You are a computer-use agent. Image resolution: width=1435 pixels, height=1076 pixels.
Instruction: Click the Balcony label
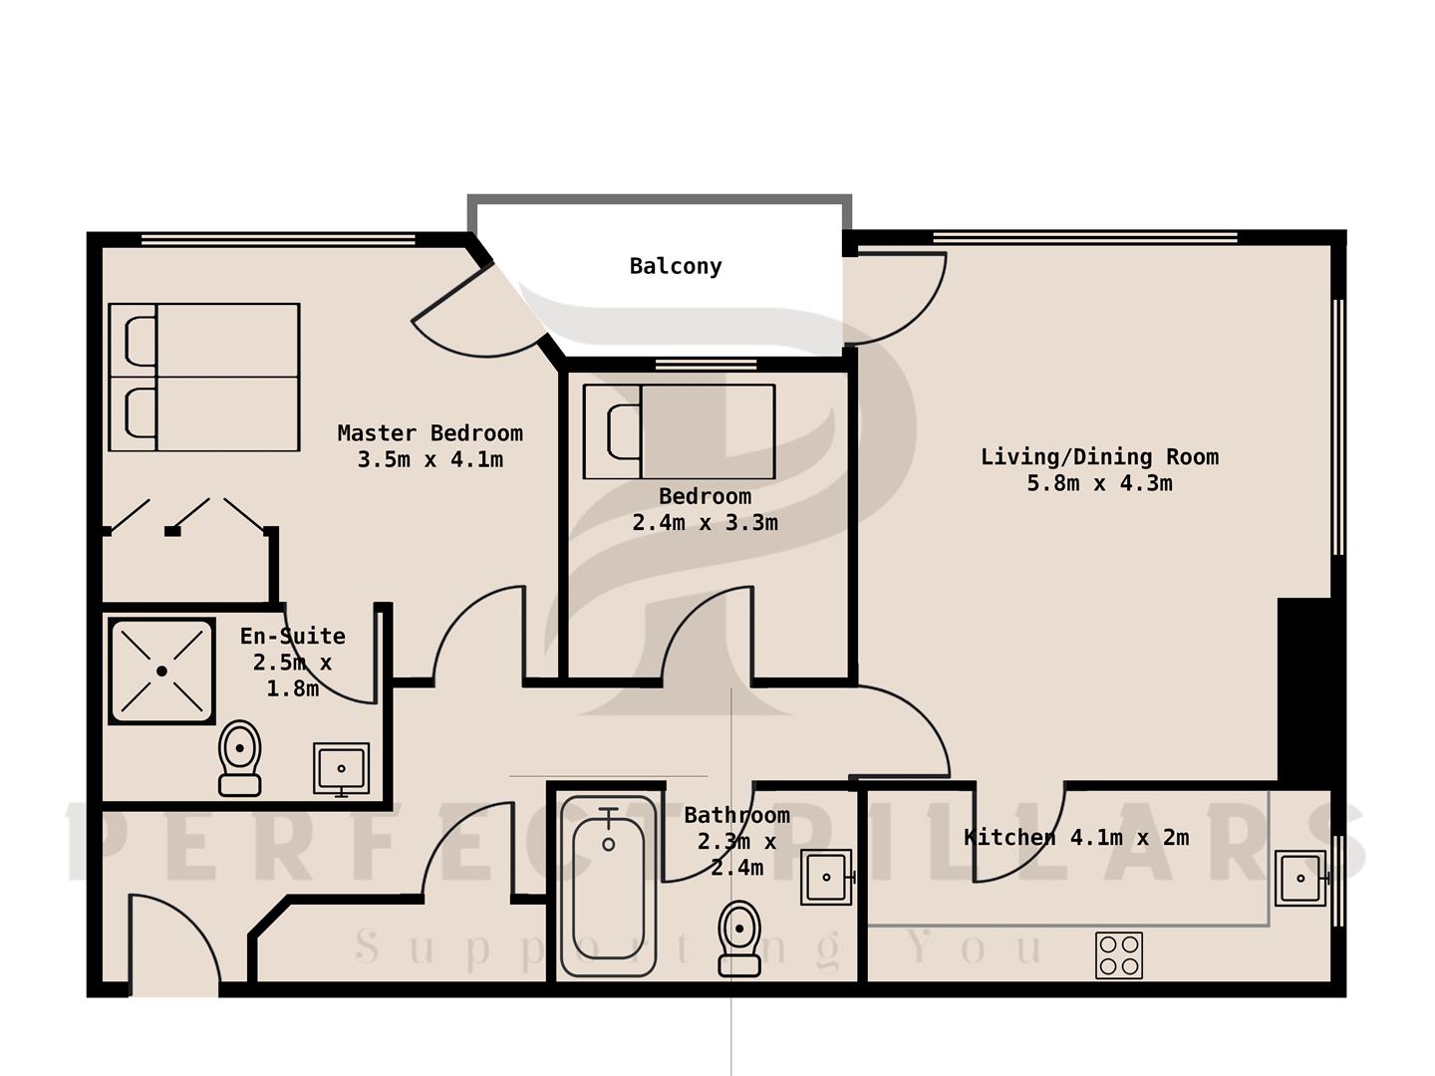(x=676, y=267)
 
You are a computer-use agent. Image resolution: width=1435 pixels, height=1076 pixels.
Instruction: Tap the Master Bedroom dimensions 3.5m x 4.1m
(x=430, y=460)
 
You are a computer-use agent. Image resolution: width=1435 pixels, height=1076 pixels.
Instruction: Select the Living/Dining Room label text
(x=1099, y=456)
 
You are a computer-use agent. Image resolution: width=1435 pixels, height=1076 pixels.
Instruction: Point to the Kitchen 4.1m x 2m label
(x=1076, y=837)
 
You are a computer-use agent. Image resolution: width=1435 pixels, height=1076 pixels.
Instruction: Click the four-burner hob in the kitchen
(x=1119, y=955)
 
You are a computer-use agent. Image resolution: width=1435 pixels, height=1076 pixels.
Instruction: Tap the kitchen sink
(x=1301, y=878)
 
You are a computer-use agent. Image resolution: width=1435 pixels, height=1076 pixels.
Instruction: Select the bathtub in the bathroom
(x=608, y=886)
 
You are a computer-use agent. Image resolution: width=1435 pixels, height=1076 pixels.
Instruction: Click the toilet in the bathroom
(x=739, y=939)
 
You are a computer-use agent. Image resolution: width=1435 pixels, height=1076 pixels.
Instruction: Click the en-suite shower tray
(x=162, y=671)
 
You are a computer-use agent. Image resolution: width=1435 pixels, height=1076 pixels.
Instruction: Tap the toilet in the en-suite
(x=240, y=758)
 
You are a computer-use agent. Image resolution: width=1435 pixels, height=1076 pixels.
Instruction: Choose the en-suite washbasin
(x=341, y=769)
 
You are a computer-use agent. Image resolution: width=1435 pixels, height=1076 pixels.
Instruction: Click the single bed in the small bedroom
(x=680, y=431)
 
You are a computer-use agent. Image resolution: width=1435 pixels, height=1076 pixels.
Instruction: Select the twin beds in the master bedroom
(x=204, y=377)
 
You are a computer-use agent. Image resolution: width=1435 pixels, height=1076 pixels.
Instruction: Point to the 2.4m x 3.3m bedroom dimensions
(x=705, y=523)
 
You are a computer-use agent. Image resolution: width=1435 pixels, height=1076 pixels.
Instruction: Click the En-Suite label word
(x=292, y=636)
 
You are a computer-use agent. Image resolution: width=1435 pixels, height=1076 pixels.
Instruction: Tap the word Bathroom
(x=736, y=815)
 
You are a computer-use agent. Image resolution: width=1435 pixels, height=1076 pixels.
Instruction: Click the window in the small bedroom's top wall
(x=707, y=365)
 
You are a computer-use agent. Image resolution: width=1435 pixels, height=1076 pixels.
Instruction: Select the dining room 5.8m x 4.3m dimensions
(x=1099, y=483)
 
